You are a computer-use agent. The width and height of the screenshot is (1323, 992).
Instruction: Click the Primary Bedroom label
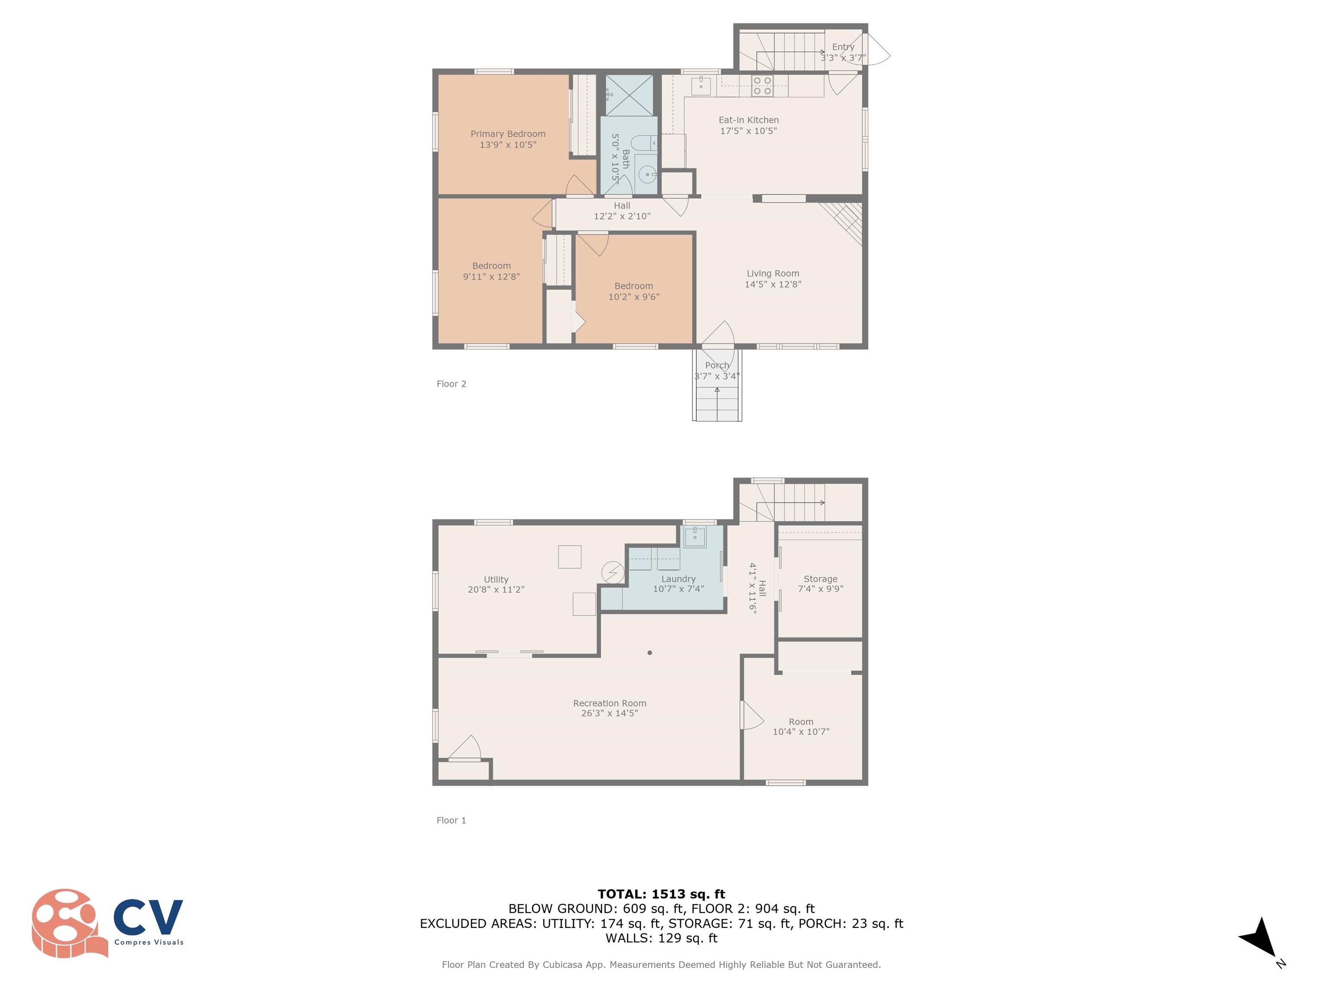[x=508, y=134]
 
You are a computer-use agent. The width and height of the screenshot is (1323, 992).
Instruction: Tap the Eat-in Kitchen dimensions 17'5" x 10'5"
[x=748, y=131]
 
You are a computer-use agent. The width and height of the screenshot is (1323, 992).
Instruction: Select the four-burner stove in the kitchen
[x=762, y=86]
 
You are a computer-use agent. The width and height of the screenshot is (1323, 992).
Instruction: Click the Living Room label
[x=773, y=273]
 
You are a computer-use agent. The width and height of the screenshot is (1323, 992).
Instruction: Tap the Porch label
[x=717, y=366]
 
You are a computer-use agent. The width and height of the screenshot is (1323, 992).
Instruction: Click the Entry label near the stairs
[x=843, y=46]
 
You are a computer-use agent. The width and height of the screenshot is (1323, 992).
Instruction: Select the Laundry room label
[x=678, y=579]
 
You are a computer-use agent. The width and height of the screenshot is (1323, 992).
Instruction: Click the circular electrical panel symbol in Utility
[x=612, y=572]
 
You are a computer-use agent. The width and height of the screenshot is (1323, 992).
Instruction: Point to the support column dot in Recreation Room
[x=649, y=652]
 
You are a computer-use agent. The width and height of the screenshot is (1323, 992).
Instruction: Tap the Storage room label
[x=820, y=579]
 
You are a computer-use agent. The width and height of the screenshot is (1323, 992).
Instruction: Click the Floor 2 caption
[x=452, y=384]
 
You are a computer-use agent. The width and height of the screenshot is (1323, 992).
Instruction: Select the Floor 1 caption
[x=452, y=820]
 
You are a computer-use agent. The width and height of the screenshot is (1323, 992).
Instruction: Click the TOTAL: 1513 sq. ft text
[x=661, y=894]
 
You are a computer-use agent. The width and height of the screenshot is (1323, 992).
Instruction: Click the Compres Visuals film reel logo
[x=69, y=923]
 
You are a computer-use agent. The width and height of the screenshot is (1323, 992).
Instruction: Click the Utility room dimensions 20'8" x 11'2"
[x=496, y=589]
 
